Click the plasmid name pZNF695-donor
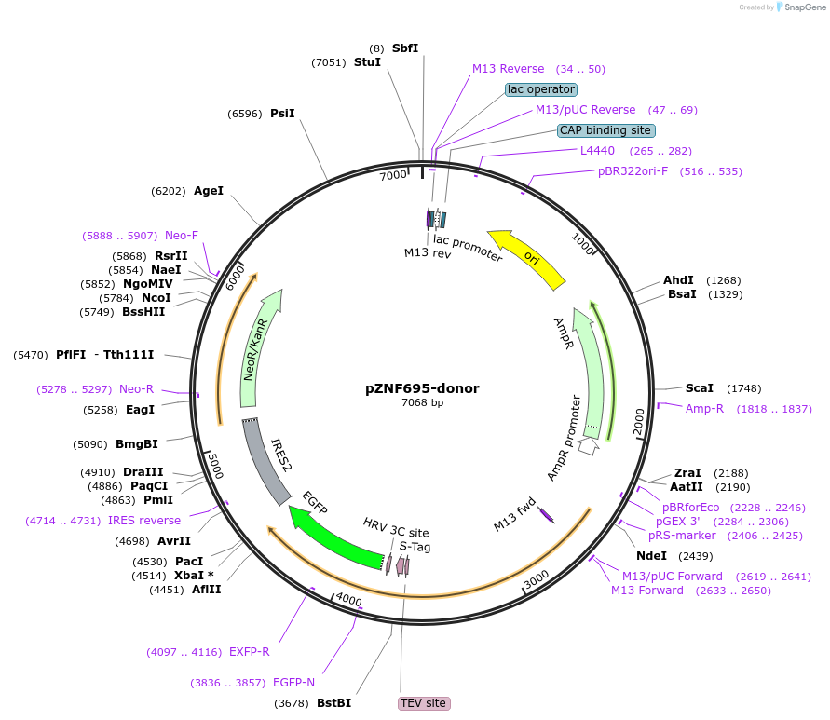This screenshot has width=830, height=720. (x=422, y=388)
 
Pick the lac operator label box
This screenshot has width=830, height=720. (x=541, y=89)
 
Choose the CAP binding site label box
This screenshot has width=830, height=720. (x=605, y=130)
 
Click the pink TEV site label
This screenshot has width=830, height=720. (x=423, y=703)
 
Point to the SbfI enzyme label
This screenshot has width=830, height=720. (x=405, y=48)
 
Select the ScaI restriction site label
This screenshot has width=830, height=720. (x=700, y=387)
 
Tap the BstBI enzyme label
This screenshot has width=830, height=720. (x=333, y=703)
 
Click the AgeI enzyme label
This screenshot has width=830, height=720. (x=209, y=191)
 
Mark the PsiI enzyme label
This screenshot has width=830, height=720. (x=282, y=114)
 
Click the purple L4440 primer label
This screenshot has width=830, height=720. (x=597, y=151)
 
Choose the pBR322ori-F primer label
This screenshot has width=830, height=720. (x=633, y=171)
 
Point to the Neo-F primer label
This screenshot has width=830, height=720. (x=182, y=236)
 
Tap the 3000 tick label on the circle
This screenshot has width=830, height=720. (x=537, y=582)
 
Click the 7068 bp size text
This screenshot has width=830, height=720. (x=422, y=403)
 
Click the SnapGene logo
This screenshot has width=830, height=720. (x=801, y=7)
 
